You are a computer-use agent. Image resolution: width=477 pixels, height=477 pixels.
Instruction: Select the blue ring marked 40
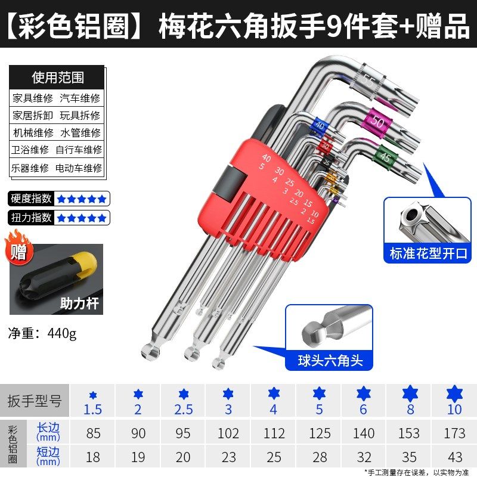click(320, 126)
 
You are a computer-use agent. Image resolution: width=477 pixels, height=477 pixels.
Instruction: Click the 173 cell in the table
click(454, 433)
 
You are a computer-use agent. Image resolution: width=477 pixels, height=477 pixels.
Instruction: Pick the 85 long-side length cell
click(93, 433)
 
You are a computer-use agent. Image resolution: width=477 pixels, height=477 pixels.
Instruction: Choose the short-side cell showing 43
click(454, 457)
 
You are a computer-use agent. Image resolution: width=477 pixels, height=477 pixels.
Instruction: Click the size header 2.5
click(183, 410)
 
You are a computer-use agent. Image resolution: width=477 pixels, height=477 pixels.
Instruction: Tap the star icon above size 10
click(454, 394)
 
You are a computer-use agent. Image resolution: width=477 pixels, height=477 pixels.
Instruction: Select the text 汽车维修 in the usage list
click(80, 98)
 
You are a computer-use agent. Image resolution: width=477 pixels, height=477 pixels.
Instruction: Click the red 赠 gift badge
click(20, 250)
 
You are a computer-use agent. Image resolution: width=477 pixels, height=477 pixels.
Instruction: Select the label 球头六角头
click(330, 360)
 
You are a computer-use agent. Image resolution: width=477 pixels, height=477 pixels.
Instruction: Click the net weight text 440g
click(61, 333)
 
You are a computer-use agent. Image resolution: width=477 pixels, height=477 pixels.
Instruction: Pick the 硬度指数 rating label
click(30, 199)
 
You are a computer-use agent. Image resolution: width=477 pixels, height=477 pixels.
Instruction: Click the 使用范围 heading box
click(57, 77)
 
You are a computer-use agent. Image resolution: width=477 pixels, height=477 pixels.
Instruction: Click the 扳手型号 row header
click(34, 401)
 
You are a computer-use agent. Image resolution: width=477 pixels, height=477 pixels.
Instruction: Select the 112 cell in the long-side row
click(274, 433)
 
